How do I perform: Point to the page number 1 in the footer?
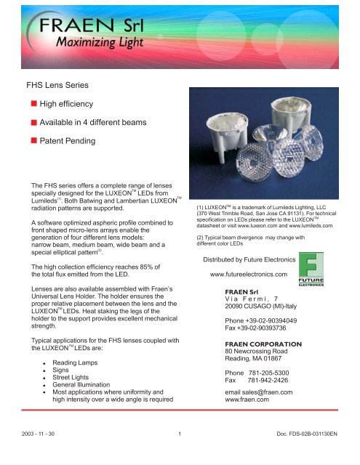coord(179,455)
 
